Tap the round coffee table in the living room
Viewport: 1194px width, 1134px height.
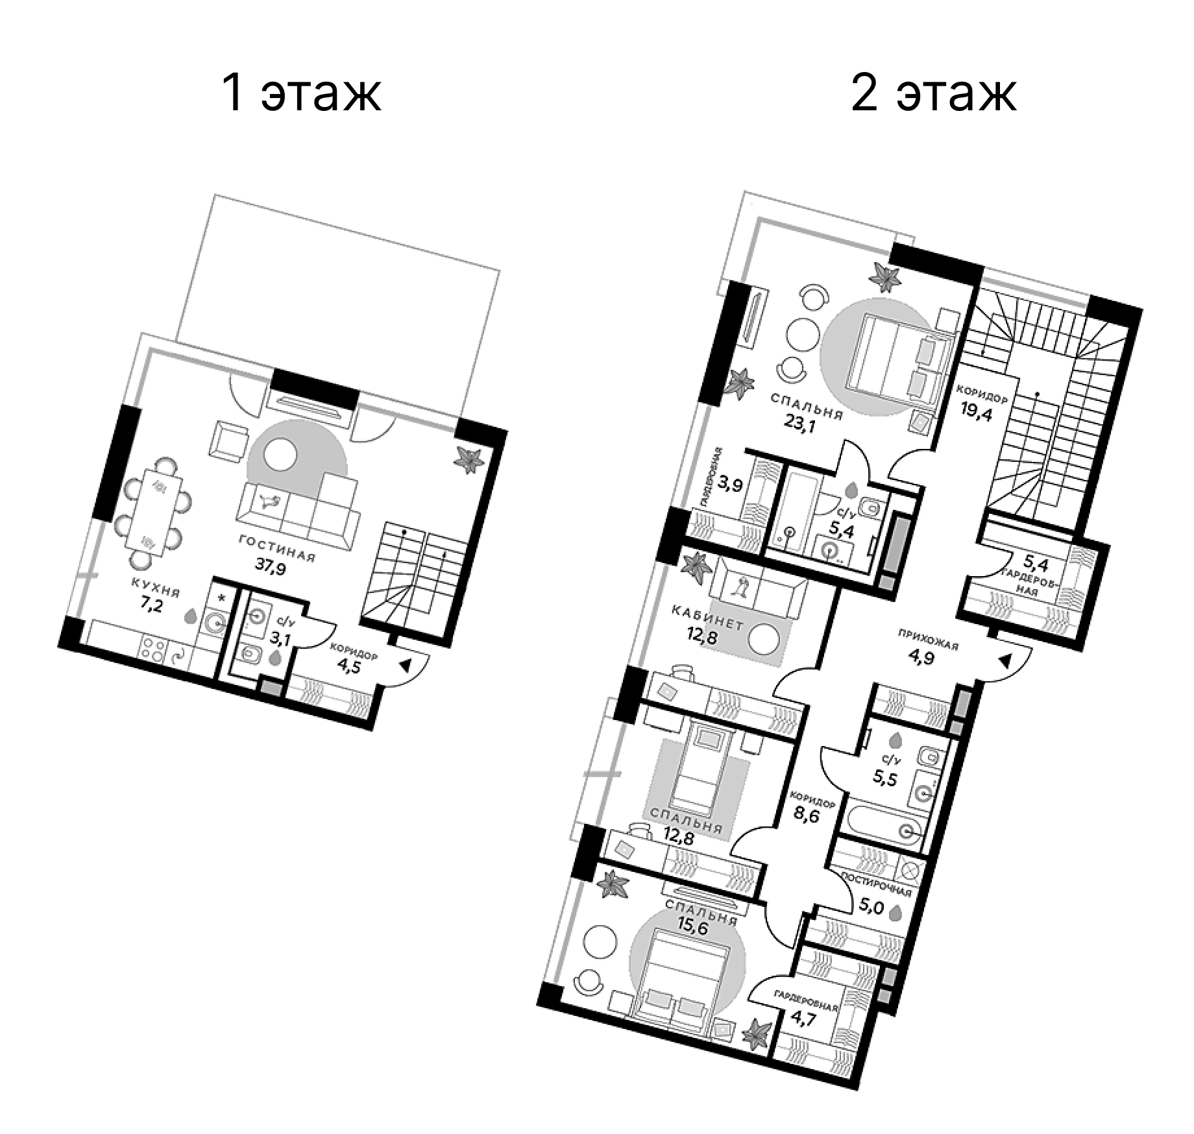coord(281,456)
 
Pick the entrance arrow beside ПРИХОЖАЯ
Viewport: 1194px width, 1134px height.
coord(1005,661)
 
